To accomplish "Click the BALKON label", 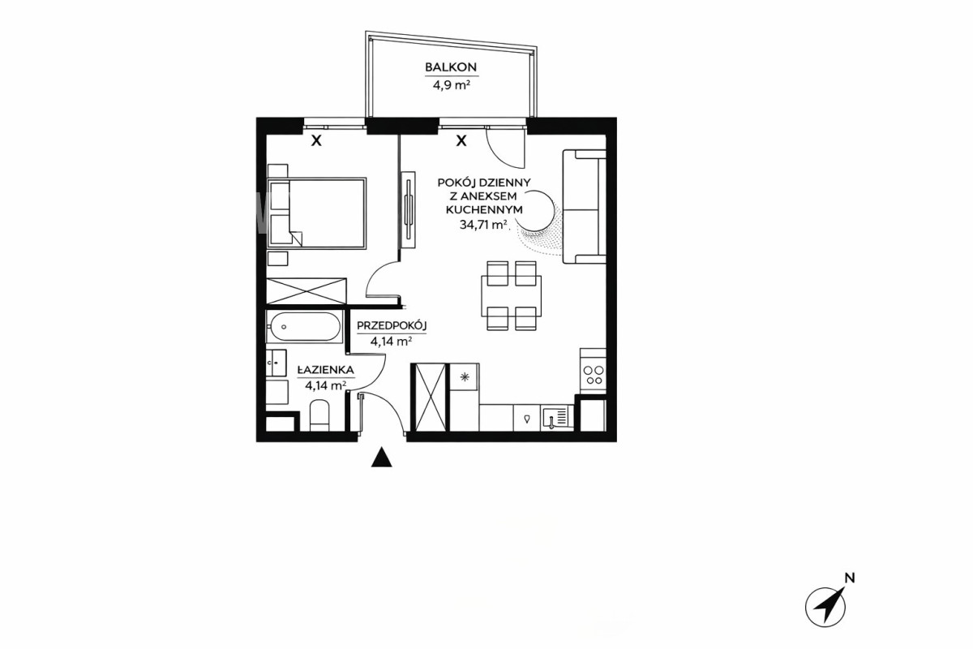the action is point(451,67).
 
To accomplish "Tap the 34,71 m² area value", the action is point(483,225).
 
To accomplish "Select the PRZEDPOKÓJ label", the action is point(392,325).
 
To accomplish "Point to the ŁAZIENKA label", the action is point(325,371).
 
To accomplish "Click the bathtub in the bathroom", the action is point(305,326).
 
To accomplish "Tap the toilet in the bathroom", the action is point(320,415).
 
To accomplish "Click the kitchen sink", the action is point(557,418).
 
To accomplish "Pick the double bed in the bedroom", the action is point(317,213).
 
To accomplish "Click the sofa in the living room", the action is point(585,207).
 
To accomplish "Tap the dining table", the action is point(512,296).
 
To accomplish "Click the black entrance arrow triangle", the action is point(381,457).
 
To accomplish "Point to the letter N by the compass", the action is point(849,578).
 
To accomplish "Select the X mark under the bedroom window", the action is point(317,140).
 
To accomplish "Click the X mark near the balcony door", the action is point(461,140).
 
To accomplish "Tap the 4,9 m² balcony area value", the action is point(452,84).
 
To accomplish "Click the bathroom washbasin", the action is point(276,363).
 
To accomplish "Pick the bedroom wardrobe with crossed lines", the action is point(306,290).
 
